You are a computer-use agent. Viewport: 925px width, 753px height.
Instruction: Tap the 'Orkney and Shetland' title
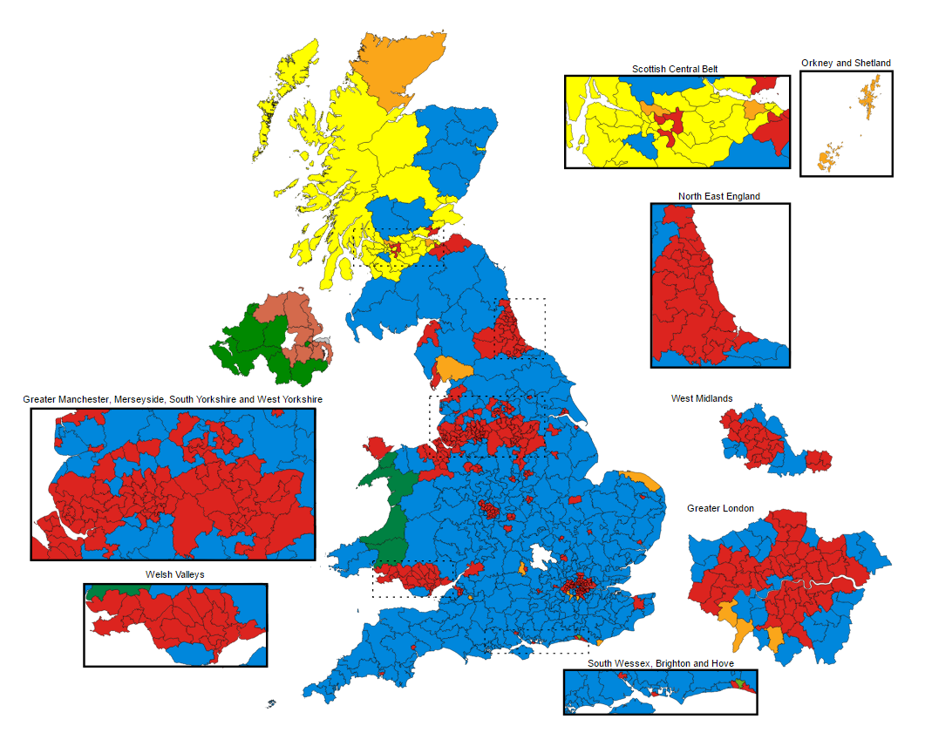(846, 63)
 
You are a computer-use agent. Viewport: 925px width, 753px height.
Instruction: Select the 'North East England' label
(718, 196)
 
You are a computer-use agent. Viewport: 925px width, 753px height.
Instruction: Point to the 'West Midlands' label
(701, 398)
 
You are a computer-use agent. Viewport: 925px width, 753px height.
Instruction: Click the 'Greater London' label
(720, 508)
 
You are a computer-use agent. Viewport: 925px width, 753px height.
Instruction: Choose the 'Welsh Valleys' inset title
(175, 575)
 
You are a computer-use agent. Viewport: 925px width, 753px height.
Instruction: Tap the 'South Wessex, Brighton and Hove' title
(660, 663)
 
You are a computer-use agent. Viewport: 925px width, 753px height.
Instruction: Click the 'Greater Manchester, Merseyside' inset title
(173, 399)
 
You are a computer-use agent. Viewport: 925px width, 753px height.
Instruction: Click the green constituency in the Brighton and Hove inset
(740, 684)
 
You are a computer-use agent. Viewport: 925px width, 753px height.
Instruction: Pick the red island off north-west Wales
(374, 446)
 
